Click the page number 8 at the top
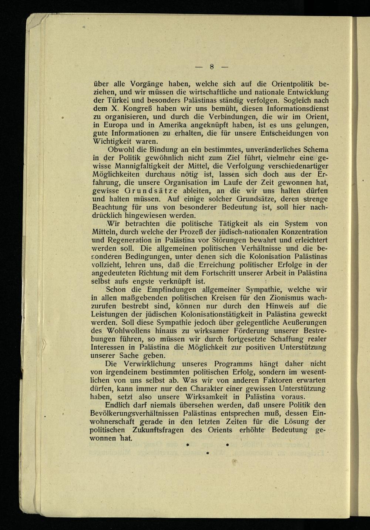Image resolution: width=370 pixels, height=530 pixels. [x=212, y=67]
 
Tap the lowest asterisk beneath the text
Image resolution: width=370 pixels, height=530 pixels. [x=207, y=452]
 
